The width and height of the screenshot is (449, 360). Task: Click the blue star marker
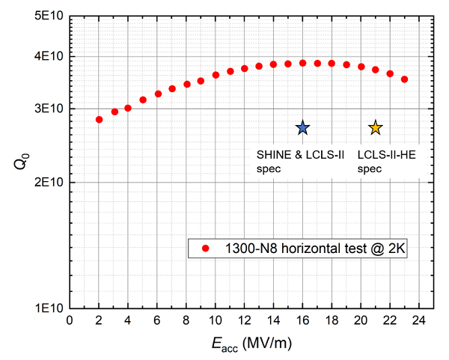302,128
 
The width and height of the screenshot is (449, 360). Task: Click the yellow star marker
376,128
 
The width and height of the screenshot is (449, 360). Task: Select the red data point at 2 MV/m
99,120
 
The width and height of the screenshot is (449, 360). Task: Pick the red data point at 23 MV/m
404,79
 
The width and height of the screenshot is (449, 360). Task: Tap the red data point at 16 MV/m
302,63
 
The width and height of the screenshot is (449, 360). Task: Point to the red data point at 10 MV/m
216,75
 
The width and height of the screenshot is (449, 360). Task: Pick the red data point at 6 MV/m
157,94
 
